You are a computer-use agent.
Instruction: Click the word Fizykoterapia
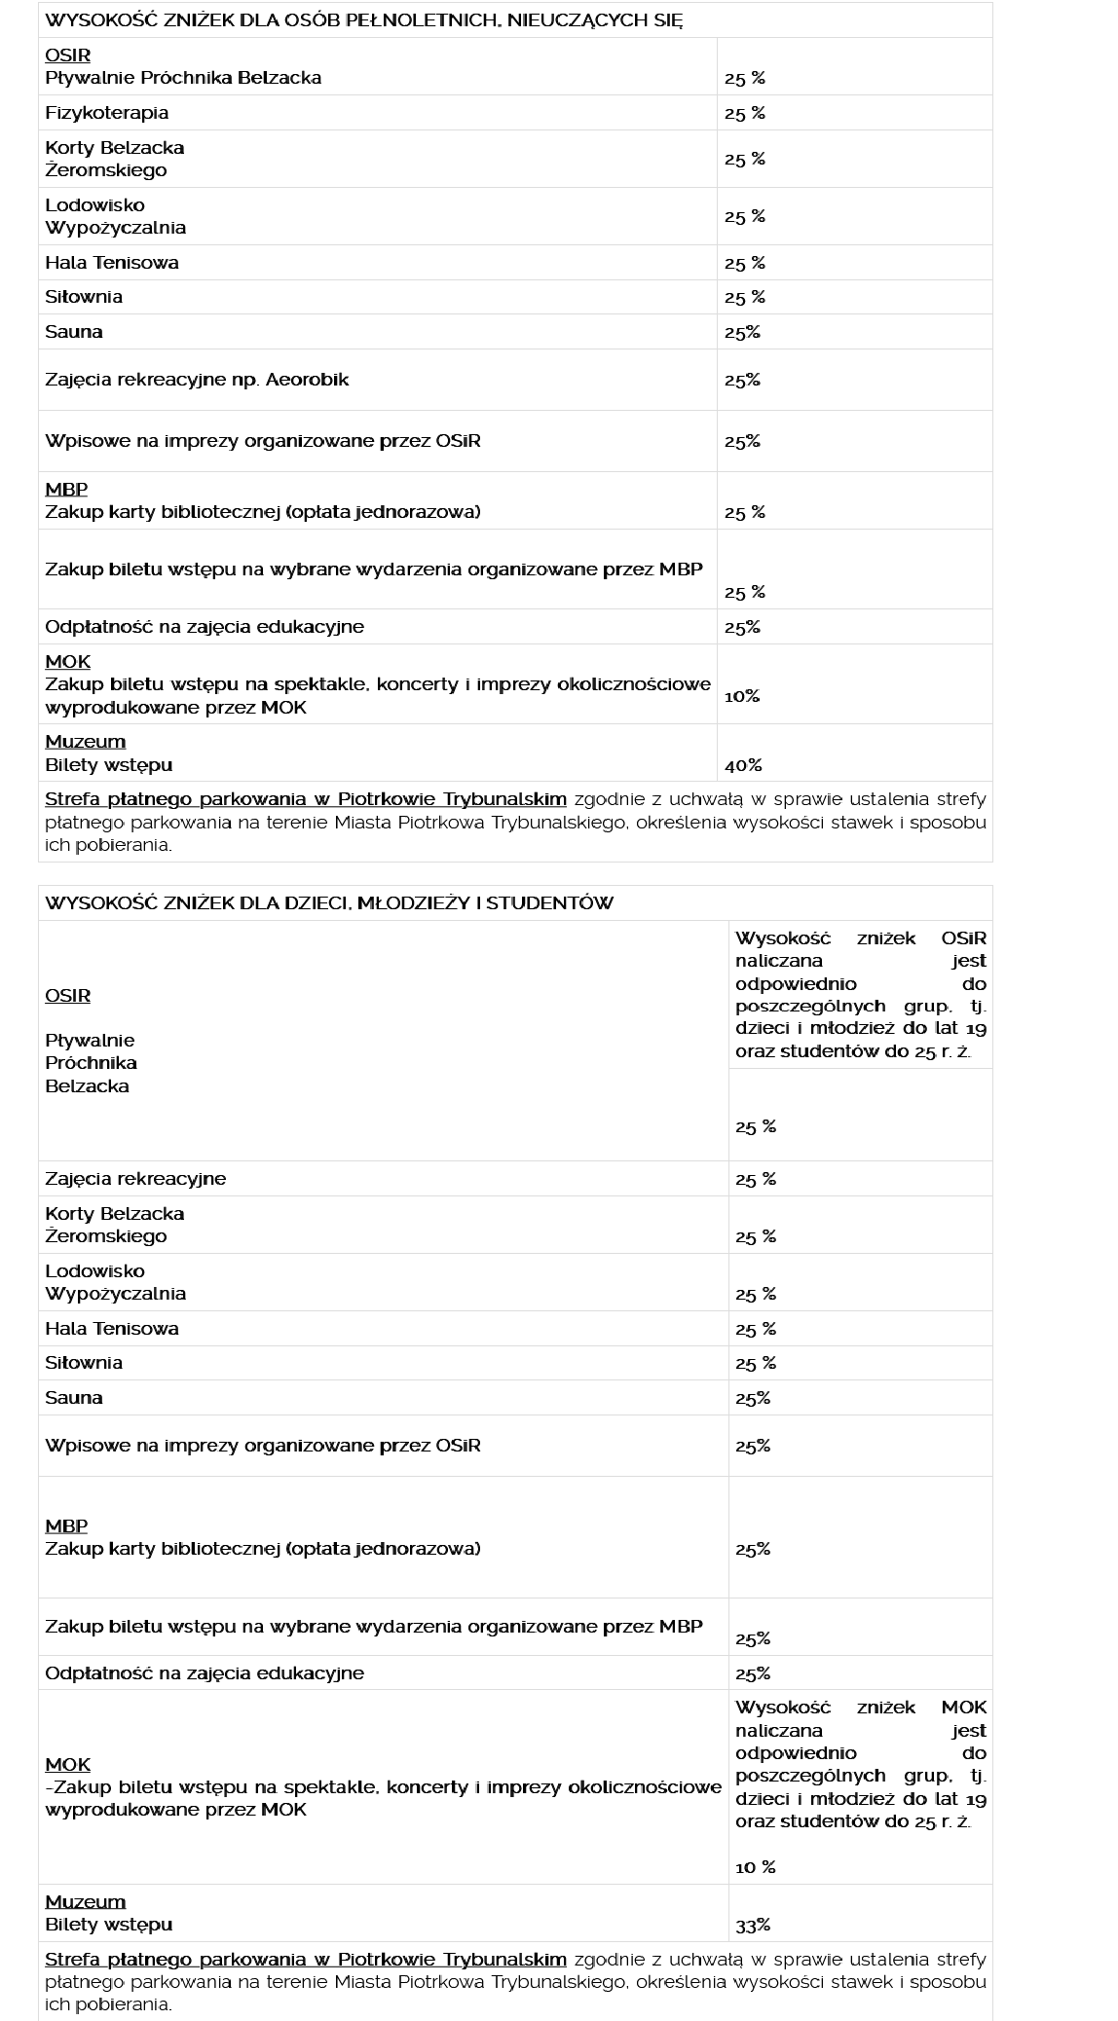(107, 113)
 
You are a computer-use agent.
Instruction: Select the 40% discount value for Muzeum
(743, 766)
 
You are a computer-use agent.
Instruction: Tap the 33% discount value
(753, 1925)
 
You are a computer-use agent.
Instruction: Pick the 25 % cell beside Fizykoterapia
(745, 114)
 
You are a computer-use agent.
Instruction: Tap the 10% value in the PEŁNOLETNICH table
(742, 696)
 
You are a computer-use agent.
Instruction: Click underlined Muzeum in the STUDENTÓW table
(86, 1901)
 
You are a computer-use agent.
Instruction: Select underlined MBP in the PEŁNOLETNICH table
(66, 489)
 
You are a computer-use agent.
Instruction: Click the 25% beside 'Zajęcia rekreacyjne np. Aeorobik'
(742, 381)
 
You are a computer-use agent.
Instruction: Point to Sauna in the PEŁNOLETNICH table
(74, 332)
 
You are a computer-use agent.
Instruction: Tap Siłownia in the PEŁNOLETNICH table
(84, 297)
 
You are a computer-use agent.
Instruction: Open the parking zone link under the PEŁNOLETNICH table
(306, 799)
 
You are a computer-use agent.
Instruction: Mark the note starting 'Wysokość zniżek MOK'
(861, 1763)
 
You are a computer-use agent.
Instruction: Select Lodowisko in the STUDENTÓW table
(94, 1270)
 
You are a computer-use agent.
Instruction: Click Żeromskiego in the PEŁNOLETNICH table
(106, 170)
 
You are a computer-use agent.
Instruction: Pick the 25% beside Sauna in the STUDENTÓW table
(753, 1398)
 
